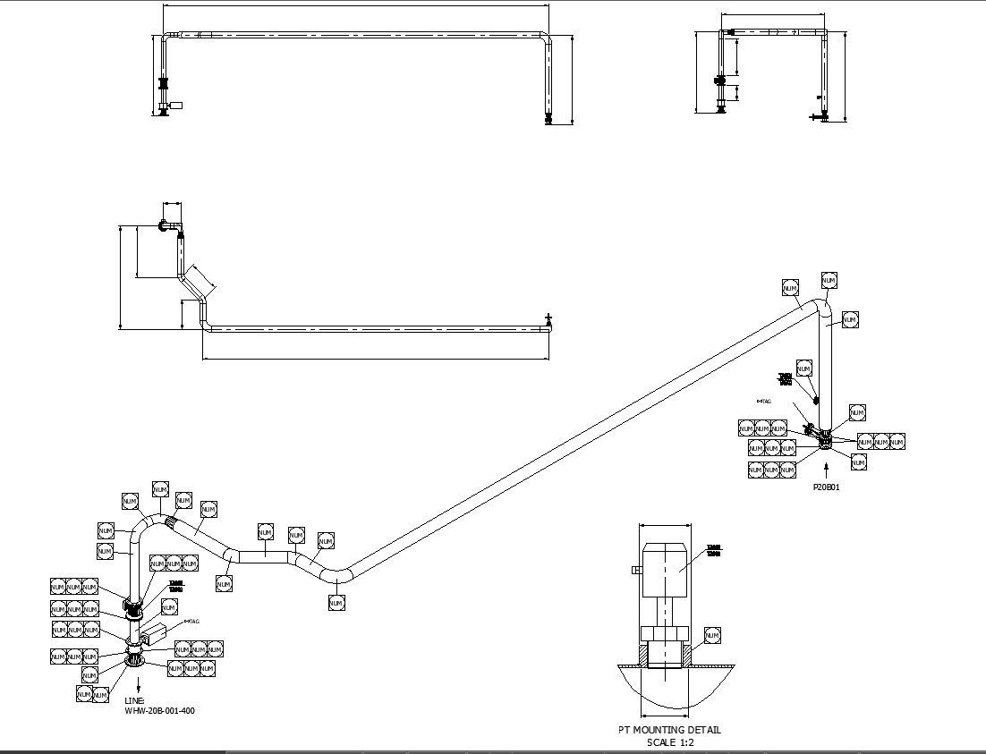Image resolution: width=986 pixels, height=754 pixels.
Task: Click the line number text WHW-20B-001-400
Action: tap(159, 711)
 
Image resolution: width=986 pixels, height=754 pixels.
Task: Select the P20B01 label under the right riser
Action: tap(826, 487)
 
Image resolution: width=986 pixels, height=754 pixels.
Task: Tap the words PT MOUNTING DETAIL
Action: tap(669, 730)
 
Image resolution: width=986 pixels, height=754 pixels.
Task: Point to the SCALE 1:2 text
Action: tap(670, 742)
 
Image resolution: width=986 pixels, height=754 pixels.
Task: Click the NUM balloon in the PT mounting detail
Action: tap(712, 635)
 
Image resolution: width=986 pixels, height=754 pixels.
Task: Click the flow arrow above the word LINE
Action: tap(137, 682)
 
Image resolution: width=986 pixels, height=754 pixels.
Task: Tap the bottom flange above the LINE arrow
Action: tap(135, 660)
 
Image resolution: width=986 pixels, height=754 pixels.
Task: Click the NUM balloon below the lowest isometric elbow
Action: tap(336, 604)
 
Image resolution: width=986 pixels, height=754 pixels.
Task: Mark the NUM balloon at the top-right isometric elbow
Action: tap(829, 281)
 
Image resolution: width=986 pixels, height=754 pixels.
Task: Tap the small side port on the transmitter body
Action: tap(635, 570)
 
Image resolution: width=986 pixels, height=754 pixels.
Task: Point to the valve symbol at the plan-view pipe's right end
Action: tap(548, 319)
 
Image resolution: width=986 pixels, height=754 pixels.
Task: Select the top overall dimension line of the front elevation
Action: tap(355, 5)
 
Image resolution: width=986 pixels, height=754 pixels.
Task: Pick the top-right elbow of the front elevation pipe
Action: tap(545, 38)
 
